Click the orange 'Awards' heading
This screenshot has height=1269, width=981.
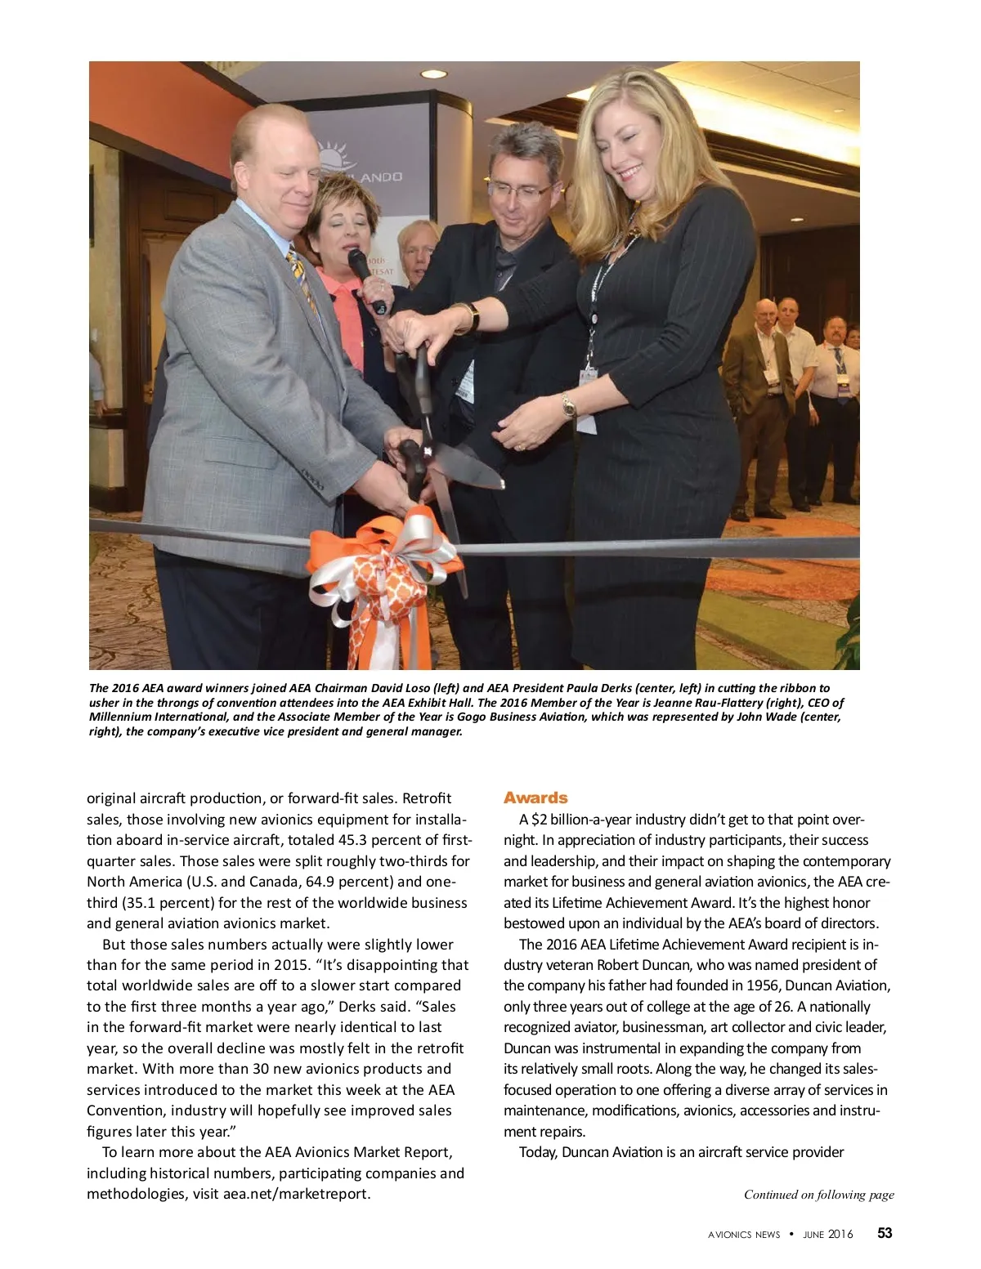[x=535, y=798]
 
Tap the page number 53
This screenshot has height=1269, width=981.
[x=885, y=1233]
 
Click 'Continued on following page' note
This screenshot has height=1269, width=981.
[x=818, y=1195]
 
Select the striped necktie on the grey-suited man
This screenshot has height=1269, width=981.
[x=300, y=277]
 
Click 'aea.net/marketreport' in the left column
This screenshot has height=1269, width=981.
[x=296, y=1194]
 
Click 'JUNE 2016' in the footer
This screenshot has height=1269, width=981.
[x=828, y=1234]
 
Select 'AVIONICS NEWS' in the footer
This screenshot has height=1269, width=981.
[x=744, y=1234]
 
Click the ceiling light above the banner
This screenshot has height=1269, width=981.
[x=432, y=74]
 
